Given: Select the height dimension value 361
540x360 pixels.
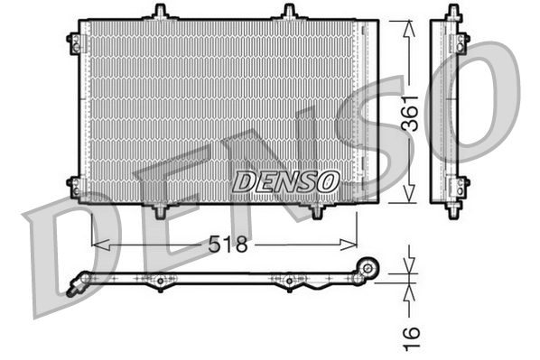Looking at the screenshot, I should tap(411, 113).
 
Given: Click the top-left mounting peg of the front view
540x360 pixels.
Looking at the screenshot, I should tap(160, 12).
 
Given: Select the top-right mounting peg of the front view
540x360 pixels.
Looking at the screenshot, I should tap(289, 12).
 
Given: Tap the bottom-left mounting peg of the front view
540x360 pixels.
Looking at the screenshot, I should tap(160, 210).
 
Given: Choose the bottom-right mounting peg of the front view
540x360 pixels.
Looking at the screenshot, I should tap(317, 210).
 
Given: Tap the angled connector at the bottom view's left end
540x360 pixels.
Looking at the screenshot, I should tap(83, 282).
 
